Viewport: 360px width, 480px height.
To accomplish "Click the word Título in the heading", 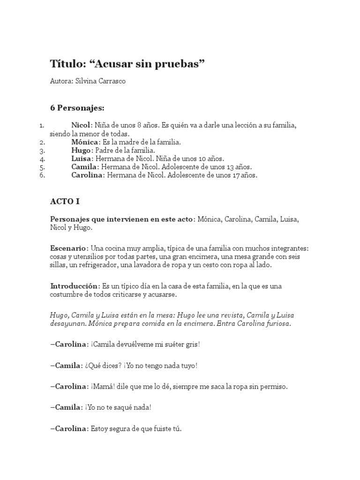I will (x=65, y=64).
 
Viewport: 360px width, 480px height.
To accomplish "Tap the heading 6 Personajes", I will (x=77, y=108).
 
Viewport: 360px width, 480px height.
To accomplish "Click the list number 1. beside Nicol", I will (x=41, y=125).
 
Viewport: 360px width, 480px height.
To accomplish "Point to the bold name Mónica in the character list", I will (x=85, y=142).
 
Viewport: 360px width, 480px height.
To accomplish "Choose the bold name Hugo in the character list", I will (x=81, y=150).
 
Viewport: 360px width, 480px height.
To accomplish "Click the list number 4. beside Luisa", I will (x=42, y=159).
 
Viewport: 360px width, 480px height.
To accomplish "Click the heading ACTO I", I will (x=65, y=202).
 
